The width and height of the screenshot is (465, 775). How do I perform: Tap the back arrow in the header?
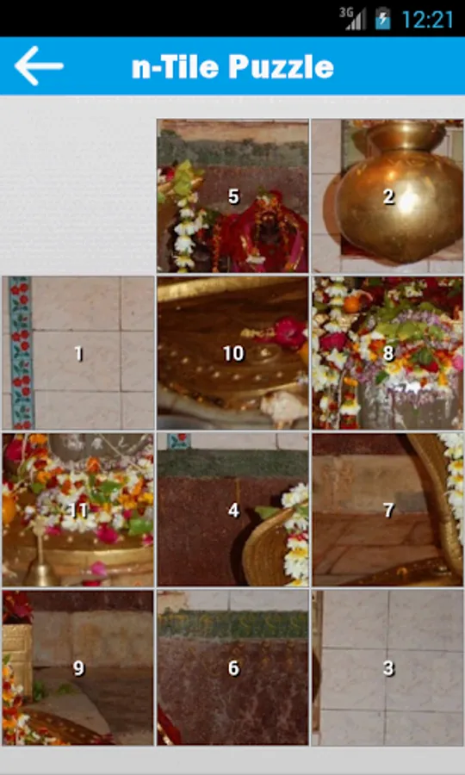click(39, 65)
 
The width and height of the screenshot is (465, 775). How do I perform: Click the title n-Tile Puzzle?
click(232, 66)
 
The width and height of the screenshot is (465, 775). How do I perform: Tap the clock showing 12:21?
click(427, 20)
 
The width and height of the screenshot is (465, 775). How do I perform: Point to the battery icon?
click(382, 19)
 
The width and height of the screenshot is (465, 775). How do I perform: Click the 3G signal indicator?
click(352, 19)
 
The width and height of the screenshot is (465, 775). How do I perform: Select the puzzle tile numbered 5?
click(232, 195)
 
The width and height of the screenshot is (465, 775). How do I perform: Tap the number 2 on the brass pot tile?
click(389, 196)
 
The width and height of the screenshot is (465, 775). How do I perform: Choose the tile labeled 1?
click(77, 353)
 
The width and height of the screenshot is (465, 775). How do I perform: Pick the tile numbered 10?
click(232, 353)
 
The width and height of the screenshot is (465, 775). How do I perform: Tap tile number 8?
click(387, 353)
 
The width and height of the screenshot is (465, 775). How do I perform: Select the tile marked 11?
click(77, 510)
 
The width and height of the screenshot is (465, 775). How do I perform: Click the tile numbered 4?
click(232, 510)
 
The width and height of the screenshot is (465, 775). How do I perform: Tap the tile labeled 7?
click(387, 510)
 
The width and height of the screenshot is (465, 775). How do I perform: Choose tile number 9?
click(77, 667)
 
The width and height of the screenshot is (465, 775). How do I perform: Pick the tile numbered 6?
click(232, 667)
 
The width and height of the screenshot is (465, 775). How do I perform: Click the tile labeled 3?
click(387, 667)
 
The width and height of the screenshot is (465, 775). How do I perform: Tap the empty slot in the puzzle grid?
click(77, 195)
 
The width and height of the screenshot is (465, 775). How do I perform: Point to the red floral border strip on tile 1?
click(21, 353)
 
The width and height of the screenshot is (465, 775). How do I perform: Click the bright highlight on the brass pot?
click(407, 201)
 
